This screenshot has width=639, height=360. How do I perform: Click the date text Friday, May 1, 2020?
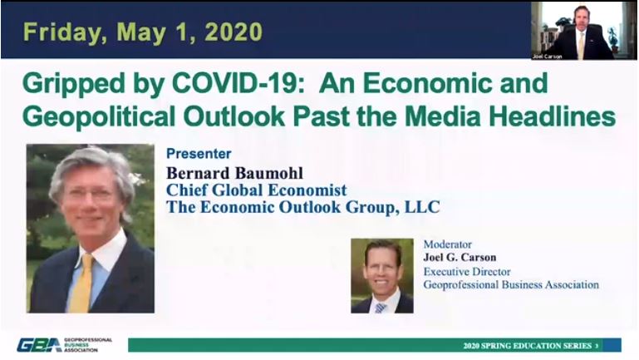coord(143,32)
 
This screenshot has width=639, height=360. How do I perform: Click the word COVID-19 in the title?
coord(238,83)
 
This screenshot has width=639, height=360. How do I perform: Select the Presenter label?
coord(199,154)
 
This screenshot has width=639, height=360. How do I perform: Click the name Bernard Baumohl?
coord(234,173)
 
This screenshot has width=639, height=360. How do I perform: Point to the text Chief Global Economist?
coord(256,190)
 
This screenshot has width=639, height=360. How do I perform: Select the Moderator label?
coord(447,244)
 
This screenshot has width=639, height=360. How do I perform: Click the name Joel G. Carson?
coord(460,257)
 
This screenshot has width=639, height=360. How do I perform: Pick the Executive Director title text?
coord(467,272)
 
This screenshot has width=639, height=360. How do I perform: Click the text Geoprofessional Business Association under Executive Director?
coord(511,284)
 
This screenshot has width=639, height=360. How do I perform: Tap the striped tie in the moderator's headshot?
coord(381,308)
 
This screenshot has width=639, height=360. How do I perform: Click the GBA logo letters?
coord(39,345)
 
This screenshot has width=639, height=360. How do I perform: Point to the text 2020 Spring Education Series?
coord(528,346)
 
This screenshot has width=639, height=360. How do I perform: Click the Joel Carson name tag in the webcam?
coord(547,57)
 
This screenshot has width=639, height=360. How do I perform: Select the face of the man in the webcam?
coord(581,17)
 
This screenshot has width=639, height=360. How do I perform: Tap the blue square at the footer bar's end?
coord(612,345)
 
